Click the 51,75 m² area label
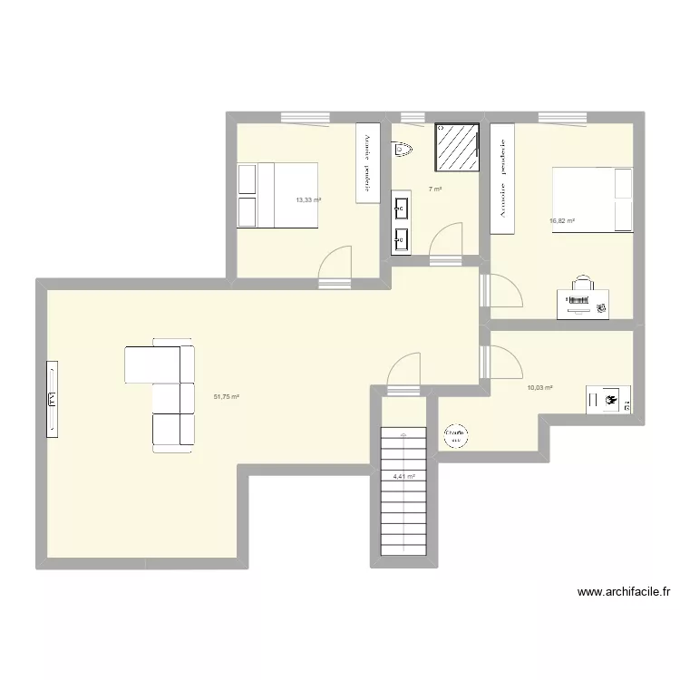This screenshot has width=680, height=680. pos(226,396)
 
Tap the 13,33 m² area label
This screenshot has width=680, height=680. pos(308,199)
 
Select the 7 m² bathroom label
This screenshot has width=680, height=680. pos(435,189)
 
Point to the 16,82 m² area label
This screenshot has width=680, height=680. pos(562,220)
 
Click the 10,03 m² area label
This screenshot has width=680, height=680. pos(539,388)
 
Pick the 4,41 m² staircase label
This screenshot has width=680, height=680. pos(403,476)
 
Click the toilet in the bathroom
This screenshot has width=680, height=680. pos(403,149)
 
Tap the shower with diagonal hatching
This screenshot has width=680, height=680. pos(457,146)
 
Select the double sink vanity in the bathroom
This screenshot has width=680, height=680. pos(402,221)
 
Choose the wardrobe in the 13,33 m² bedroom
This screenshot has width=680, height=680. pos(367,163)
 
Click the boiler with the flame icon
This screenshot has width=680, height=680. pos(608,399)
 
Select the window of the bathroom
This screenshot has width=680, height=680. pos(413,116)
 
